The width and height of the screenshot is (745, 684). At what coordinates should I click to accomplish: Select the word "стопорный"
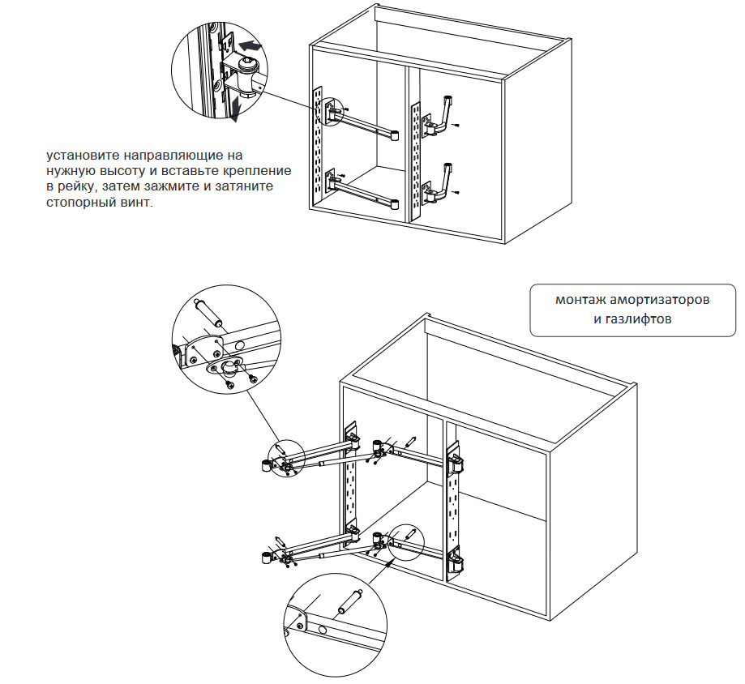(80, 203)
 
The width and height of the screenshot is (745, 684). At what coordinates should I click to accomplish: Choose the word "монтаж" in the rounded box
(579, 300)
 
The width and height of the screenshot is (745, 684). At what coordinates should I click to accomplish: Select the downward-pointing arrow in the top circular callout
(234, 109)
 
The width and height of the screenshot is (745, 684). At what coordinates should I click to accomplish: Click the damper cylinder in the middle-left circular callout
(208, 314)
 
